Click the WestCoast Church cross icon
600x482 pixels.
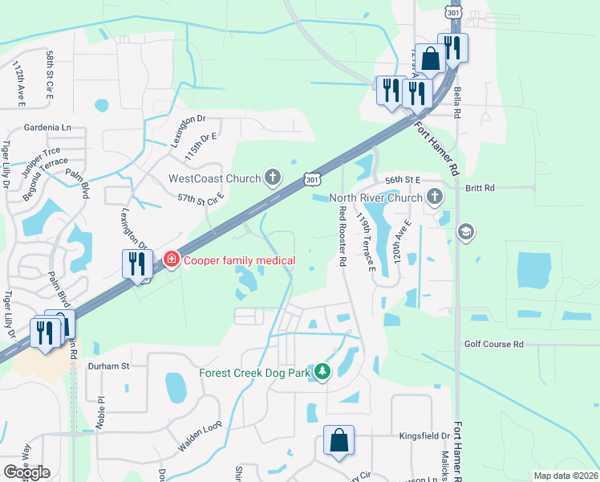pyautogui.click(x=273, y=178)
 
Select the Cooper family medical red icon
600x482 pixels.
pyautogui.click(x=171, y=259)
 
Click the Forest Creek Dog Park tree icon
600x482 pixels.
pyautogui.click(x=322, y=371)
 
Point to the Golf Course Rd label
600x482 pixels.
pyautogui.click(x=493, y=344)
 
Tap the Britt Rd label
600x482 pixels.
pyautogui.click(x=480, y=187)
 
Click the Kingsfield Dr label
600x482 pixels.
pyautogui.click(x=424, y=436)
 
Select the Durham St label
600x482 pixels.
pyautogui.click(x=108, y=366)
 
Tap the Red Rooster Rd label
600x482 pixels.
pyautogui.click(x=343, y=236)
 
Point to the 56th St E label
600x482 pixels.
pyautogui.click(x=403, y=182)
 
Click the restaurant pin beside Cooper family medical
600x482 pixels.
pyautogui.click(x=135, y=263)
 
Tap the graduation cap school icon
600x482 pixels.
pyautogui.click(x=464, y=232)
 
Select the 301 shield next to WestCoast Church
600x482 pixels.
pyautogui.click(x=313, y=179)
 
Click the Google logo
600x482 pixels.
pyautogui.click(x=26, y=472)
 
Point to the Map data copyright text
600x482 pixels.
pyautogui.click(x=566, y=476)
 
